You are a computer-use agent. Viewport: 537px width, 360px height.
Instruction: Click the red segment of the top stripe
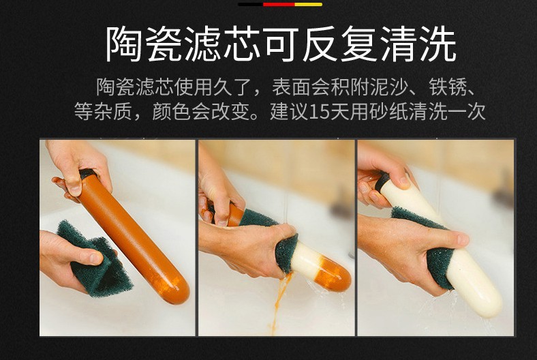pos(279,5)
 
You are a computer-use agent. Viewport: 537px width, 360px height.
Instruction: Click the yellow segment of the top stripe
pos(309,5)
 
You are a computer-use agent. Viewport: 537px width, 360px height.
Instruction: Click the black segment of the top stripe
pos(251,5)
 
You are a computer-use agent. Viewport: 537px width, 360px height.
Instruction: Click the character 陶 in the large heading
pos(124,44)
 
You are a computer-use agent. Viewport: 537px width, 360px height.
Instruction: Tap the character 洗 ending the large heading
pos(437,44)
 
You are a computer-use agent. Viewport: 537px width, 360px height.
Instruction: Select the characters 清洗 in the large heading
pos(418,44)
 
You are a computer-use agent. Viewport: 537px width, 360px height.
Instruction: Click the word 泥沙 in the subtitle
pos(388,87)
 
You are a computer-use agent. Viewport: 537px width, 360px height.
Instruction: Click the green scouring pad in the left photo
pos(95,260)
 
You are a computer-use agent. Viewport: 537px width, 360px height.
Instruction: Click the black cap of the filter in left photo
pos(88,174)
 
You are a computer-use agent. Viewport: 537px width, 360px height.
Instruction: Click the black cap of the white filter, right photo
pos(382,180)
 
